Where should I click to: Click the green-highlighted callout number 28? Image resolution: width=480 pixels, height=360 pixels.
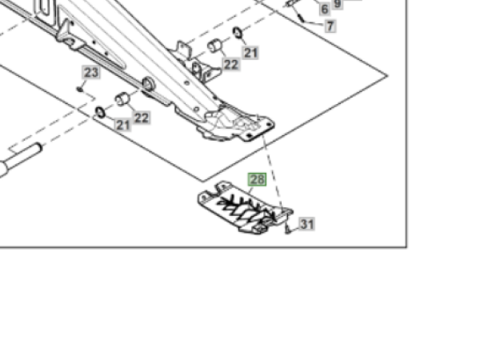click(x=257, y=180)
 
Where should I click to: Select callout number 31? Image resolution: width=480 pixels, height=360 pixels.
click(x=307, y=224)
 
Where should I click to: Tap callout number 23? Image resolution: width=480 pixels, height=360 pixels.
click(x=90, y=73)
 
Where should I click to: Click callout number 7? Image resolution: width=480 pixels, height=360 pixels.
click(x=330, y=26)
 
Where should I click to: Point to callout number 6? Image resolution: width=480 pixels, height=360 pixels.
click(x=324, y=9)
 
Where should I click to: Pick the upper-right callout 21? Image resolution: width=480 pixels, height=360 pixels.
click(x=251, y=53)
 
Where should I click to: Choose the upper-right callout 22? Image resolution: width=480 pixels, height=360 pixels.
click(x=231, y=64)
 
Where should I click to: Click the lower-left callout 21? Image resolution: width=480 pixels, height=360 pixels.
click(x=122, y=125)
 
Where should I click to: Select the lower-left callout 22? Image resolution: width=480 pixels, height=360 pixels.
click(x=142, y=118)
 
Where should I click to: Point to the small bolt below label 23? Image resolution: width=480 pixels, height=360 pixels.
click(x=81, y=89)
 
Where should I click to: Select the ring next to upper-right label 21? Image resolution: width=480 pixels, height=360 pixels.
click(x=238, y=33)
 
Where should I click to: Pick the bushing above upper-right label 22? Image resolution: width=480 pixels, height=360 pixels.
click(x=214, y=46)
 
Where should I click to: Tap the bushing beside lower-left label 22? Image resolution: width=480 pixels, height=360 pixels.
click(x=123, y=99)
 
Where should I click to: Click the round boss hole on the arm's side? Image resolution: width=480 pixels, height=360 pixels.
click(x=149, y=83)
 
